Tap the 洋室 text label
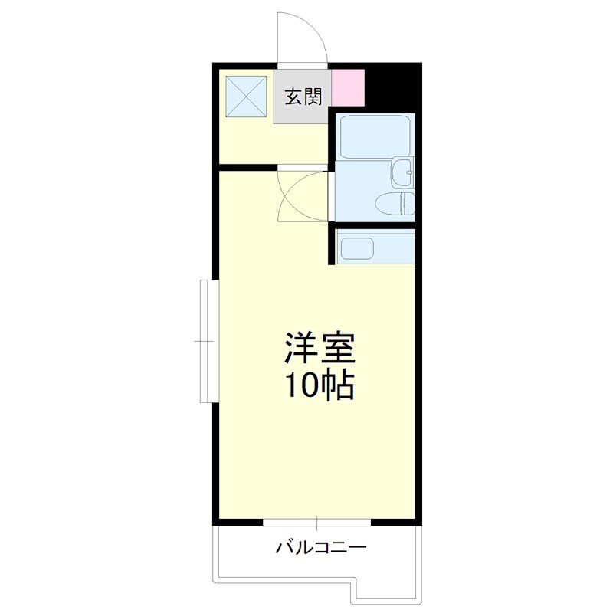pyautogui.click(x=320, y=349)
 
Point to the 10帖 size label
pyautogui.click(x=320, y=386)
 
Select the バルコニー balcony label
pyautogui.click(x=321, y=548)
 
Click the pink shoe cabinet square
pyautogui.click(x=348, y=87)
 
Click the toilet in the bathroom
pyautogui.click(x=395, y=205)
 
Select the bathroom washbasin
pyautogui.click(x=402, y=173)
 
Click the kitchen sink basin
pyautogui.click(x=356, y=249)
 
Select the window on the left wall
pyautogui.click(x=205, y=339)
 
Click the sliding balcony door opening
pyautogui.click(x=317, y=523)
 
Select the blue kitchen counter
pyautogui.click(x=376, y=247)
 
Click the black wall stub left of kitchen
pyautogui.click(x=332, y=245)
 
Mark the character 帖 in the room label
pyautogui.click(x=336, y=386)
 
